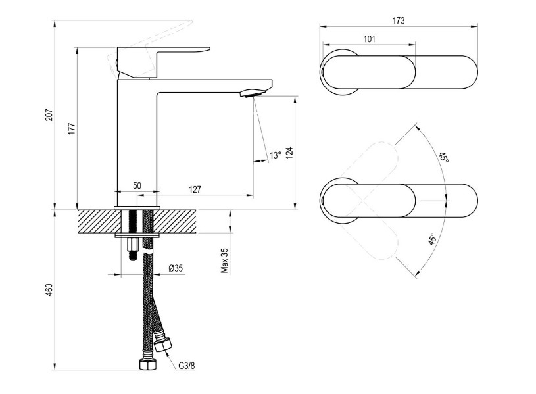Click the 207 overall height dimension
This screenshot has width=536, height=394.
[49, 114]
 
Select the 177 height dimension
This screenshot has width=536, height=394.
[72, 128]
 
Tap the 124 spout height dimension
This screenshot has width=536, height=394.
[289, 153]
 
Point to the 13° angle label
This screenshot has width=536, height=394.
[275, 155]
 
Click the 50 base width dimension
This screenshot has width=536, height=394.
[137, 185]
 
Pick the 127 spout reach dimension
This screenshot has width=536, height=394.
[195, 189]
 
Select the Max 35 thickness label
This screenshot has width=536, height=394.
[224, 260]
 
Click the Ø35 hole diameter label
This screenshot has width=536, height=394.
[176, 268]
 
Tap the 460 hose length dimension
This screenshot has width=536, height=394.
[49, 289]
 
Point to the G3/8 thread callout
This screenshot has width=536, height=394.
[187, 366]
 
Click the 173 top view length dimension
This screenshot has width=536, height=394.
[399, 20]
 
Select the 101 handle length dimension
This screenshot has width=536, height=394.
[369, 39]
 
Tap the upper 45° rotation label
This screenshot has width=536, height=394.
[444, 157]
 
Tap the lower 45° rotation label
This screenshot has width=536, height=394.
[432, 239]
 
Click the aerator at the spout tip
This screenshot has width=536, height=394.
[253, 93]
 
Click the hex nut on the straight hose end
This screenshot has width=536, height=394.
[147, 364]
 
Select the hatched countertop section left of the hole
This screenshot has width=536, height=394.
[100, 222]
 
